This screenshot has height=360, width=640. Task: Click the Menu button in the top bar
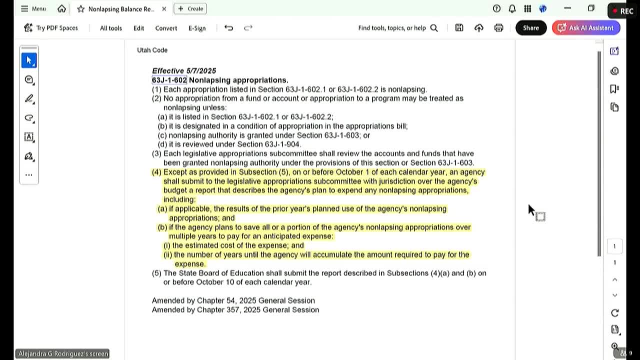[33, 8]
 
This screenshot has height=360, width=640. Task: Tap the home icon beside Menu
[61, 8]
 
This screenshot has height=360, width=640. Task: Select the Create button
[190, 8]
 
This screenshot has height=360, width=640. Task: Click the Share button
[530, 28]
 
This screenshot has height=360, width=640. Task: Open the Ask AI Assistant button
[585, 28]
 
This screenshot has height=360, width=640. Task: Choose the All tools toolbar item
[110, 28]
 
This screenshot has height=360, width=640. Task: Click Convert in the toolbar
[166, 28]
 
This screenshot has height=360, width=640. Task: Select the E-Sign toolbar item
[197, 28]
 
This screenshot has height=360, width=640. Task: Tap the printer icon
[498, 28]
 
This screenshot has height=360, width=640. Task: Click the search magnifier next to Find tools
[434, 28]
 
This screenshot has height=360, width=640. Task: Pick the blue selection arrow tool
[29, 60]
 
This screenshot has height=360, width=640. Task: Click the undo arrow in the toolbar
[228, 28]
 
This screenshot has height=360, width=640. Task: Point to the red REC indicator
[622, 11]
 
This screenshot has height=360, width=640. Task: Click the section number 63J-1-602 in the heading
[169, 80]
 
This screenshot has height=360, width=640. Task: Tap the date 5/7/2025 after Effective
[200, 71]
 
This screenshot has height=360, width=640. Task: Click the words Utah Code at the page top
[152, 50]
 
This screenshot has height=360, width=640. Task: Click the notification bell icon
[512, 8]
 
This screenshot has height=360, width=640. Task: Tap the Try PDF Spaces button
[51, 28]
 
